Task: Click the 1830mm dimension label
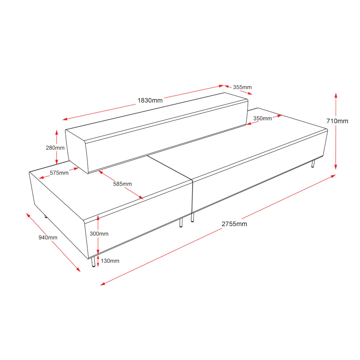pos(150,100)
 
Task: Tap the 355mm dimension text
pos(242,87)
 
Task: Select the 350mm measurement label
pos(262,118)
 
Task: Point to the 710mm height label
pos(337,121)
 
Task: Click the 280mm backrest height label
pos(55,148)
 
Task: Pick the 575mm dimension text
pos(59,173)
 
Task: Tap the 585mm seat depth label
pos(122,184)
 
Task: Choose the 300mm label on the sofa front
pos(99,234)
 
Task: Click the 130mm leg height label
pos(110,261)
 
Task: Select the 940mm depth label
pos(48,238)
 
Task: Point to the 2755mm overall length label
pos(234,224)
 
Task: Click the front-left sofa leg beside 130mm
pos(93,262)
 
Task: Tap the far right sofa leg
pos(313,164)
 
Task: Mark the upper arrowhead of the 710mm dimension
pos(336,95)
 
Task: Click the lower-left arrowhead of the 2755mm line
pos(103,284)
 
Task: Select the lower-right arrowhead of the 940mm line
pos(78,270)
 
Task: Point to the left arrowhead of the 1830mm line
pos(65,119)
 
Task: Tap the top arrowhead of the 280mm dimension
pos(57,132)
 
